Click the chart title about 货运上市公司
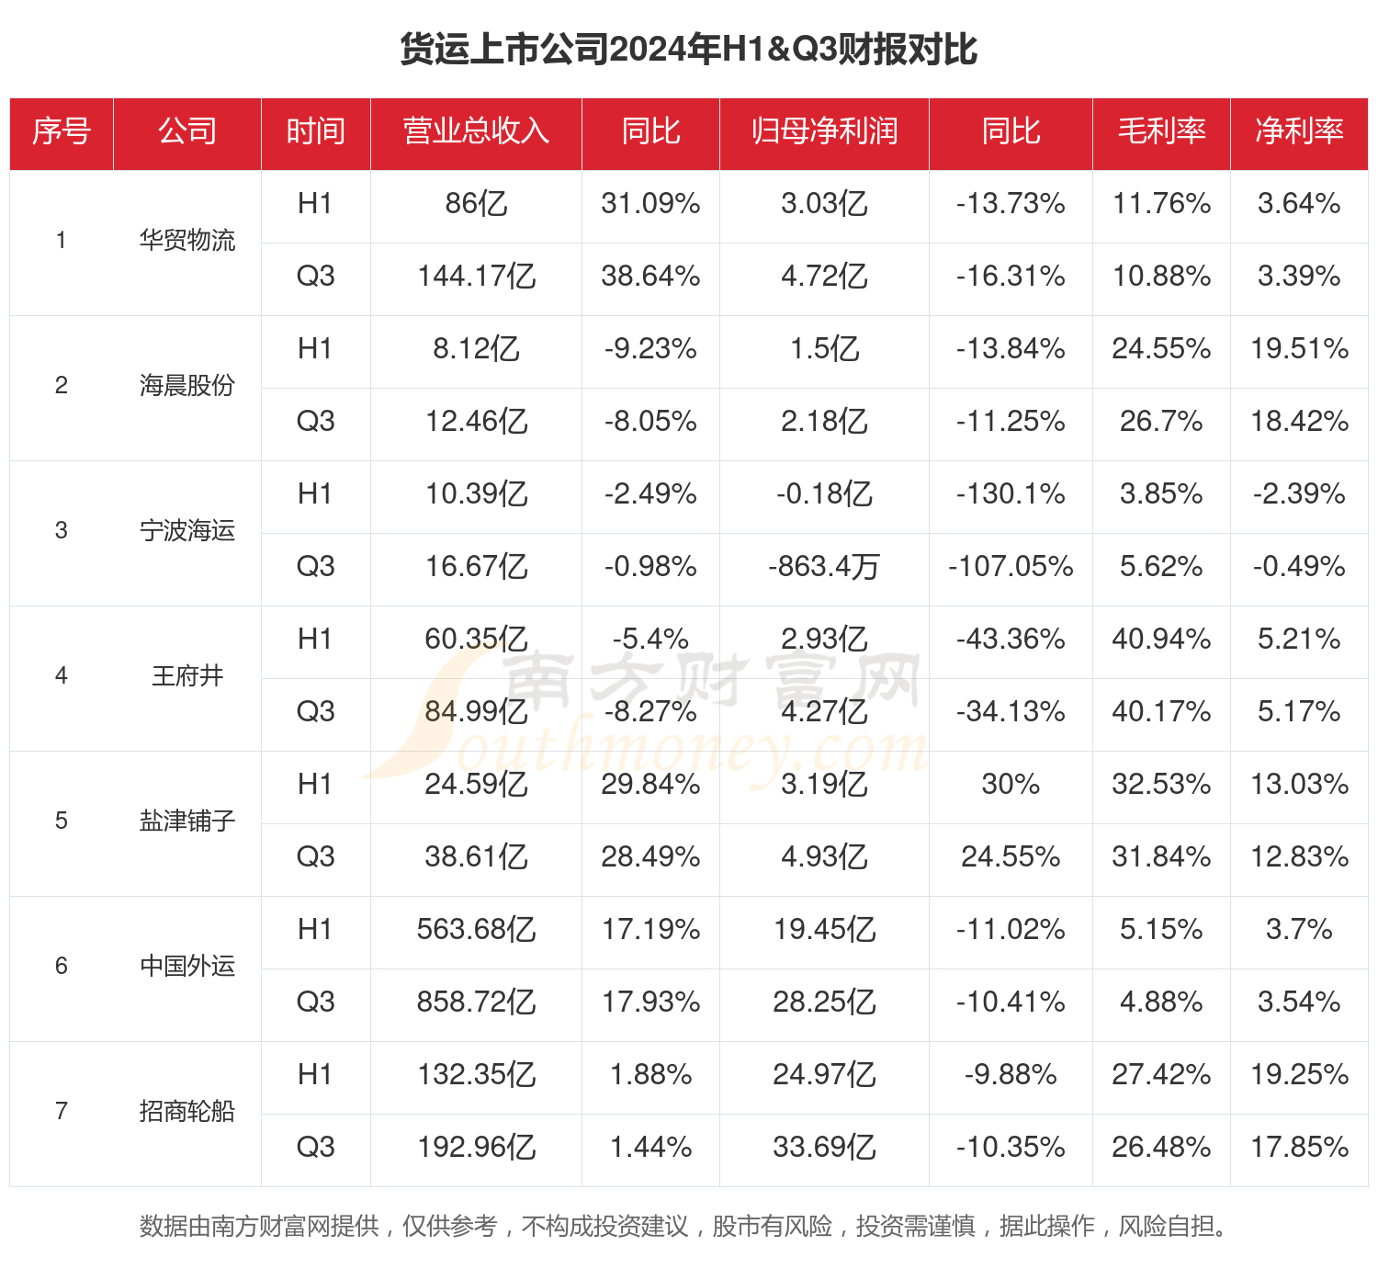tap(688, 49)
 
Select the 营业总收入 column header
tap(476, 131)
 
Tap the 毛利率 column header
tap(1161, 131)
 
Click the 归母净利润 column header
tap(824, 131)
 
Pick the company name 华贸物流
tap(187, 241)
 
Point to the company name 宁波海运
tap(187, 531)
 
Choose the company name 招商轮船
tap(187, 1112)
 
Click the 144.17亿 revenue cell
tap(476, 277)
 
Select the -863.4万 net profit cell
tap(824, 567)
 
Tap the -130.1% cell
tap(1011, 494)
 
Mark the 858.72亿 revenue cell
tap(476, 1002)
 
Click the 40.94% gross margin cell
tap(1161, 640)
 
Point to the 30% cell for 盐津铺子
tap(1011, 785)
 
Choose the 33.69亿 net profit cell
tap(824, 1148)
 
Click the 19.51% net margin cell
tap(1299, 349)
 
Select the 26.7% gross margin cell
tap(1161, 422)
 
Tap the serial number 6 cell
tap(62, 967)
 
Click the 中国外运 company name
tap(187, 967)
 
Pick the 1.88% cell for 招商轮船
tap(650, 1075)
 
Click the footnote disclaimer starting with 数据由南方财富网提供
tap(683, 1227)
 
